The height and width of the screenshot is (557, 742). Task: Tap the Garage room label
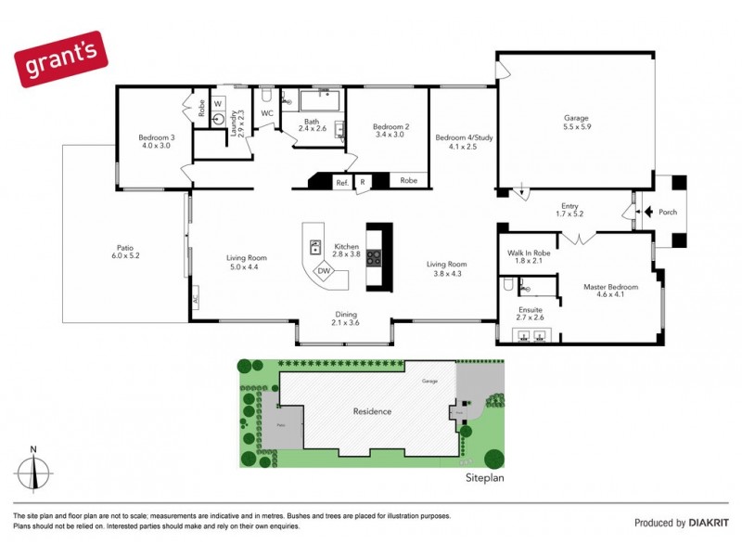point(577,118)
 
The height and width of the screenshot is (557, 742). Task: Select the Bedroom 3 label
point(155,137)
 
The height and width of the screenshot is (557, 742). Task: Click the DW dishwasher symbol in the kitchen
point(325,271)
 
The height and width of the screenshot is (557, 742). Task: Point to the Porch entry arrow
point(648,212)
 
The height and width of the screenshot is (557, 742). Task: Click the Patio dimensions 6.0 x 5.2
point(125,254)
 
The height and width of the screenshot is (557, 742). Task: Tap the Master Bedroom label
point(609,287)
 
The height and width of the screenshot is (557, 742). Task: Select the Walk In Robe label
point(529,253)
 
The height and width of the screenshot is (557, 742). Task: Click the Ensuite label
point(530,310)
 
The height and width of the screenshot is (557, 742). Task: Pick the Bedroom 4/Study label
point(463,138)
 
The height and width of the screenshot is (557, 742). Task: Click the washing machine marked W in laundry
point(219,104)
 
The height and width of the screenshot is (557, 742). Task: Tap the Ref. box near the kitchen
point(342,183)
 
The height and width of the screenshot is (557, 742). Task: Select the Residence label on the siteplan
point(371,411)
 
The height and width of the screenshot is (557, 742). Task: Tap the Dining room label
point(345,315)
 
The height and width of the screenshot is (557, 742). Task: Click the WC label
point(267,114)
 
